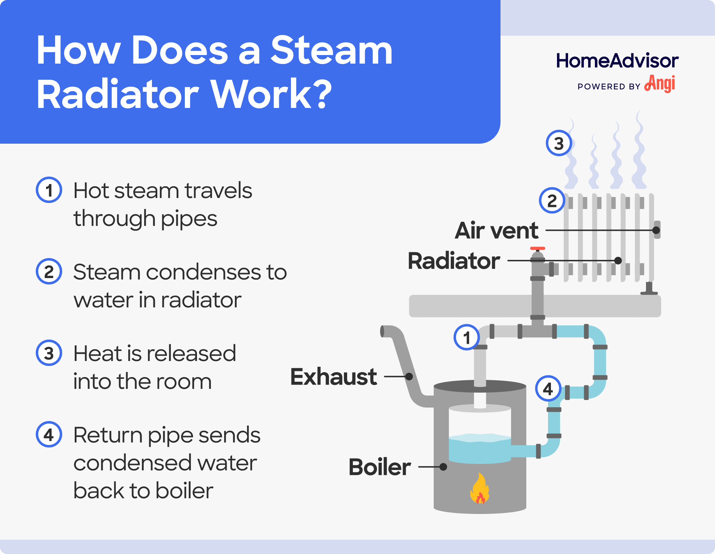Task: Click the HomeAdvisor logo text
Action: click(x=617, y=61)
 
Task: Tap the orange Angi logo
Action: click(x=660, y=84)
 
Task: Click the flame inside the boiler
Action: click(x=479, y=489)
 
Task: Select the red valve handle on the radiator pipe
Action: click(x=537, y=248)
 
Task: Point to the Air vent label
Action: click(x=496, y=231)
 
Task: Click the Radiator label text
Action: click(x=454, y=261)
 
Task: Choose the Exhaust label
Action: click(x=334, y=377)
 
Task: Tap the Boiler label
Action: click(x=380, y=467)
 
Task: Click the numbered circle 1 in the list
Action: click(x=49, y=190)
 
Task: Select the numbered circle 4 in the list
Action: click(x=49, y=435)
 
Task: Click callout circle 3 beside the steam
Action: click(x=559, y=143)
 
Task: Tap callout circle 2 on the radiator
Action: click(x=552, y=201)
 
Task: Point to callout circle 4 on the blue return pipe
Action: click(x=548, y=388)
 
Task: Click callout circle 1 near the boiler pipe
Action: click(x=467, y=337)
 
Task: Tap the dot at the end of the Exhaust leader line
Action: click(x=409, y=376)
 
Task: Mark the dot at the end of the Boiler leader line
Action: click(x=443, y=467)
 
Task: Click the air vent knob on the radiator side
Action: click(x=657, y=230)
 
